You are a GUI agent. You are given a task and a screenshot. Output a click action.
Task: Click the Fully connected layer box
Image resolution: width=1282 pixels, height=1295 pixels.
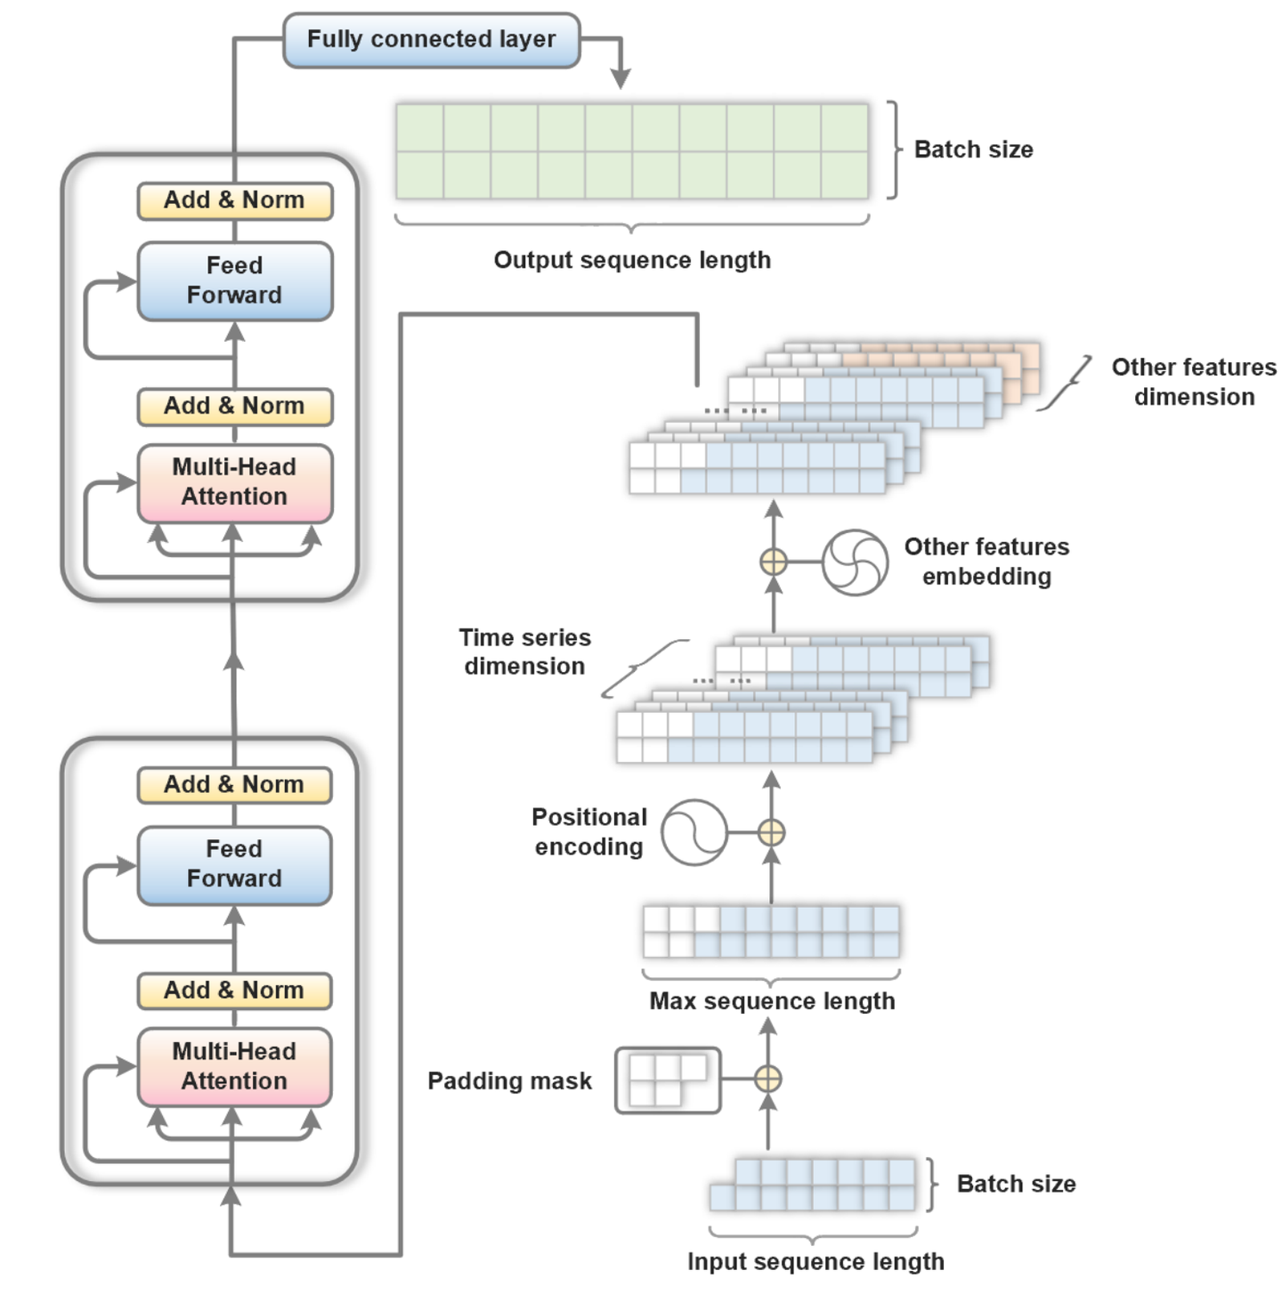(x=432, y=40)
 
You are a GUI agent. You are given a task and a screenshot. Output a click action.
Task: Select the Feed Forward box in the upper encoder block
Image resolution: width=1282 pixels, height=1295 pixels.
(x=235, y=281)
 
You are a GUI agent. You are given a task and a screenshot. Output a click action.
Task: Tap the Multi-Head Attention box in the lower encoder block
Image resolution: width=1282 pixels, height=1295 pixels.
(x=235, y=1067)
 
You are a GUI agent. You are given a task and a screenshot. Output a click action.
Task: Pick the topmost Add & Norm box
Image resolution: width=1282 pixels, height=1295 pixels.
(x=235, y=201)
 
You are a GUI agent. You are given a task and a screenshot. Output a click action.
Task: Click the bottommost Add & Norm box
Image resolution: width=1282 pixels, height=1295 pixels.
(x=235, y=991)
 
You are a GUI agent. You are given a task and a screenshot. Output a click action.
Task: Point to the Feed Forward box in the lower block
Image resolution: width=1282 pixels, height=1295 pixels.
(x=235, y=865)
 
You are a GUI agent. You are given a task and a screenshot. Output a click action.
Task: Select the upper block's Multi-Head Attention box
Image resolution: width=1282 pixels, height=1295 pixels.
(x=235, y=482)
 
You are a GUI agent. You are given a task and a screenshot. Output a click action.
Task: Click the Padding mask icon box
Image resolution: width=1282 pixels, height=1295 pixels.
(x=668, y=1080)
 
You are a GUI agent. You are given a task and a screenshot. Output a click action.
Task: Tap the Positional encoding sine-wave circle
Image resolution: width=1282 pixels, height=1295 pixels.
(x=694, y=833)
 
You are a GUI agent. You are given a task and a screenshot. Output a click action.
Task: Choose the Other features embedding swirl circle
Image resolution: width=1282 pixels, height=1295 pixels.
(x=855, y=563)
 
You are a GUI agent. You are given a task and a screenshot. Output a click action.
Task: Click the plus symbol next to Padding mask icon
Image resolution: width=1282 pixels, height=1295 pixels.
(x=768, y=1079)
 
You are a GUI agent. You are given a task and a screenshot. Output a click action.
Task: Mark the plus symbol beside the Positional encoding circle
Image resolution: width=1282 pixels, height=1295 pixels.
(x=771, y=833)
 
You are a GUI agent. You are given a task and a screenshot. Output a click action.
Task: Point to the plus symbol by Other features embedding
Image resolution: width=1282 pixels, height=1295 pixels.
(x=774, y=563)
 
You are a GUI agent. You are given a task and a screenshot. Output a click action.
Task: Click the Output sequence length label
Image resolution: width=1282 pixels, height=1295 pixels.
(x=632, y=260)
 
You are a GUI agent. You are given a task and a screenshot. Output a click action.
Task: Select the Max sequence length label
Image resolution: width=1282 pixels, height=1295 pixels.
(x=772, y=1001)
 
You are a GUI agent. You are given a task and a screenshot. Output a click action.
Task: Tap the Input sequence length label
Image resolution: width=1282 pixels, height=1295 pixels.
(x=815, y=1261)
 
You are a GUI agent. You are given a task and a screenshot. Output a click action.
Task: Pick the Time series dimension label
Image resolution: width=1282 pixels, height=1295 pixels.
(x=525, y=652)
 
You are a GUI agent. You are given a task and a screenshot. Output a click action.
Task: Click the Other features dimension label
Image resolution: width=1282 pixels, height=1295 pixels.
(x=1194, y=382)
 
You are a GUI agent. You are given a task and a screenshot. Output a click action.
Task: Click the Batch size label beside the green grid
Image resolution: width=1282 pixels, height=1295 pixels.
(x=974, y=150)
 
